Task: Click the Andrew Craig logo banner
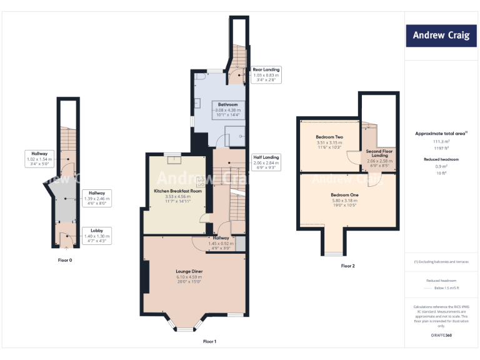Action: pyautogui.click(x=441, y=35)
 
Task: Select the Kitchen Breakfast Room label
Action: pyautogui.click(x=178, y=195)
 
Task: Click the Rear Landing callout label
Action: pyautogui.click(x=266, y=74)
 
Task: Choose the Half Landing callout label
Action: pyautogui.click(x=266, y=162)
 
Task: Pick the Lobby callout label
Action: pyautogui.click(x=96, y=235)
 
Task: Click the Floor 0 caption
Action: pyautogui.click(x=65, y=259)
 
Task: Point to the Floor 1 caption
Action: pyautogui.click(x=209, y=341)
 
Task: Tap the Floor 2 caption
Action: pyautogui.click(x=347, y=266)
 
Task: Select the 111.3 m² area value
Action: pyautogui.click(x=441, y=141)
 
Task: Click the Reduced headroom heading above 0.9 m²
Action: pyautogui.click(x=441, y=159)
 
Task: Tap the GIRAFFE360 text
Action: pyautogui.click(x=441, y=336)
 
